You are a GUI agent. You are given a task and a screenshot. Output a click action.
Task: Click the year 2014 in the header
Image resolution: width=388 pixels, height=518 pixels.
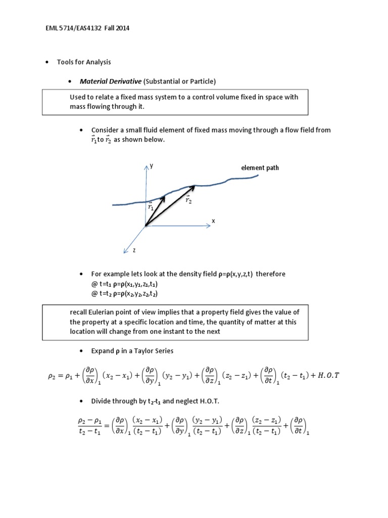click(x=122, y=28)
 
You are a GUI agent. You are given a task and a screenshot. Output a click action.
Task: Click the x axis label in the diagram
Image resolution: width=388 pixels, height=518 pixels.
click(x=213, y=221)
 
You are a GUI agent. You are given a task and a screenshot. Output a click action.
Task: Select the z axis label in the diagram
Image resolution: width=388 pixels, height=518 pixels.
click(x=133, y=250)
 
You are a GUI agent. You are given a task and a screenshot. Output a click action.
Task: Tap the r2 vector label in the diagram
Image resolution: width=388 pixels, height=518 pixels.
click(x=188, y=200)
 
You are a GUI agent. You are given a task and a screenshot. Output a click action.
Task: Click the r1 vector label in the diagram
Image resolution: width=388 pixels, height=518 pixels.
click(x=151, y=207)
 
